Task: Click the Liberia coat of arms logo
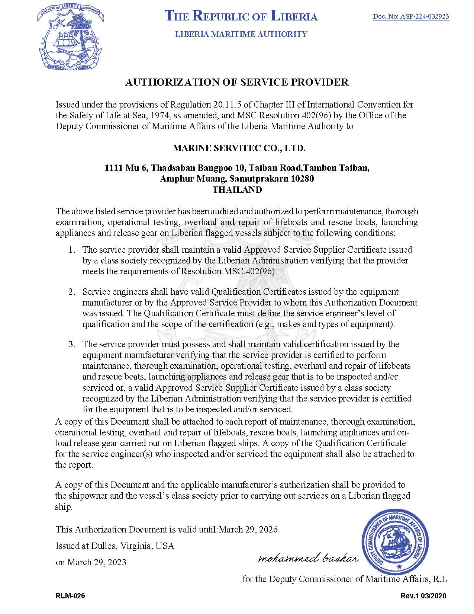tap(70, 38)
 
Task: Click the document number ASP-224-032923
tap(411, 16)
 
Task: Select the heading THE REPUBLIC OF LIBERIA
tap(241, 16)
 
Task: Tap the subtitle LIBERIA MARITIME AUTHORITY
tap(241, 34)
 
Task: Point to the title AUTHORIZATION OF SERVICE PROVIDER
tap(237, 82)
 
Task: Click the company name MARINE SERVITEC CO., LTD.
tap(239, 148)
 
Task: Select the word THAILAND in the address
tap(237, 189)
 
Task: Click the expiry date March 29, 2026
tap(248, 529)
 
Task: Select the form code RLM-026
tap(70, 596)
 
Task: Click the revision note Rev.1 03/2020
tap(423, 596)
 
